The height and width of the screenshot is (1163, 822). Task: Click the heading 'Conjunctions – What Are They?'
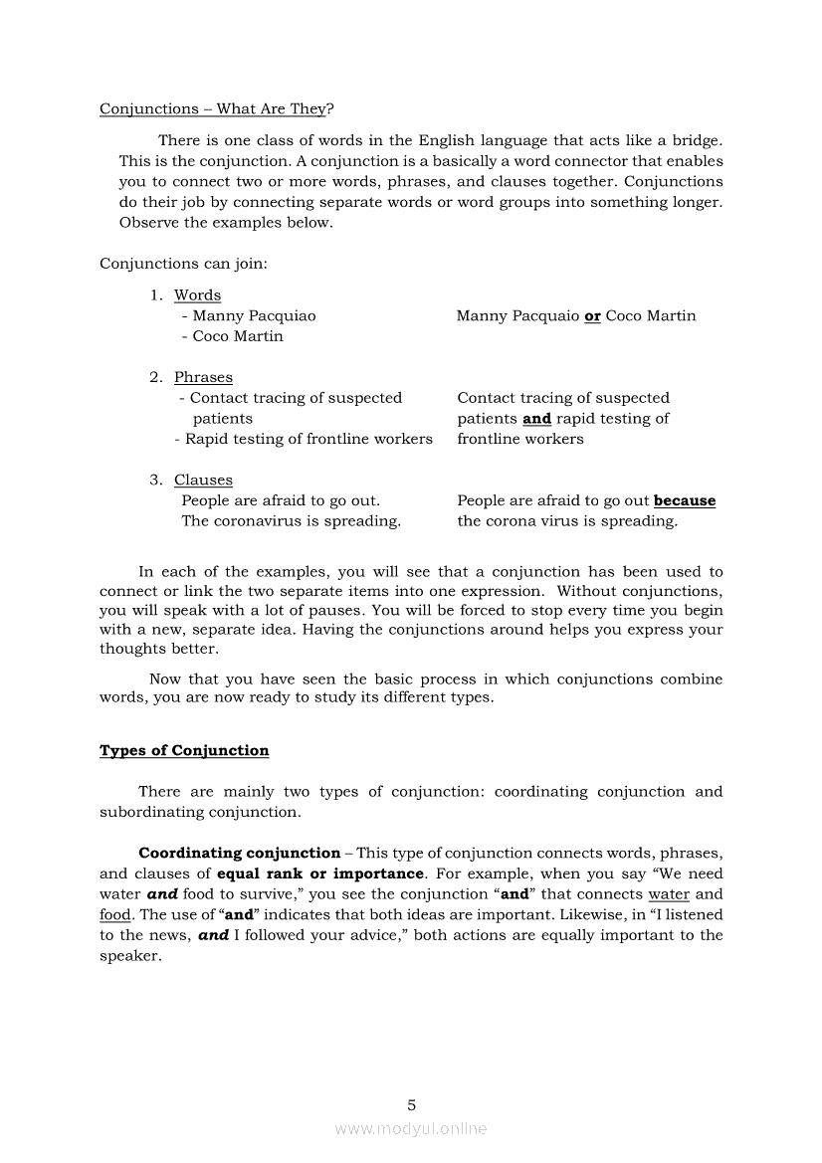[x=216, y=109]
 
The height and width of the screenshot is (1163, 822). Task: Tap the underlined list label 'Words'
[x=197, y=295]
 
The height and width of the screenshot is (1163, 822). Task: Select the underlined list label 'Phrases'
[x=203, y=377]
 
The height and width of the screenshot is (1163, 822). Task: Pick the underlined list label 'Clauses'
[x=203, y=481]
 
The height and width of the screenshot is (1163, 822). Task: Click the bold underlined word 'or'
[x=592, y=316]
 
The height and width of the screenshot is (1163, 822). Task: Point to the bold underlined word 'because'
[x=684, y=501]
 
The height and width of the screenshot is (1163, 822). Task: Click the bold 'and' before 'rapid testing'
[x=536, y=419]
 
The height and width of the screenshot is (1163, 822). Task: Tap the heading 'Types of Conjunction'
[x=184, y=751]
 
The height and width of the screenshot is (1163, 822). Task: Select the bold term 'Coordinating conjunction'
[x=239, y=854]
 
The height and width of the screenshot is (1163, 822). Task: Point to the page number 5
[x=411, y=1105]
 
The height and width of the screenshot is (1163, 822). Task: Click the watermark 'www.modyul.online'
[x=411, y=1129]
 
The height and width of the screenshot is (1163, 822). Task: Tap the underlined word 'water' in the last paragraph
[x=668, y=894]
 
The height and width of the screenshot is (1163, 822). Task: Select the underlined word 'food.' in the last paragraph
[x=115, y=915]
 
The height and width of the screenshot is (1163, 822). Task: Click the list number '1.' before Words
[x=156, y=295]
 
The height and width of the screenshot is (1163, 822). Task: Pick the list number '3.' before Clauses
[x=156, y=481]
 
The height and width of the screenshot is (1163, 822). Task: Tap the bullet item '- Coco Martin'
[x=232, y=336]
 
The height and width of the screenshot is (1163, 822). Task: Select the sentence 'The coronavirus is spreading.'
[x=291, y=521]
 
